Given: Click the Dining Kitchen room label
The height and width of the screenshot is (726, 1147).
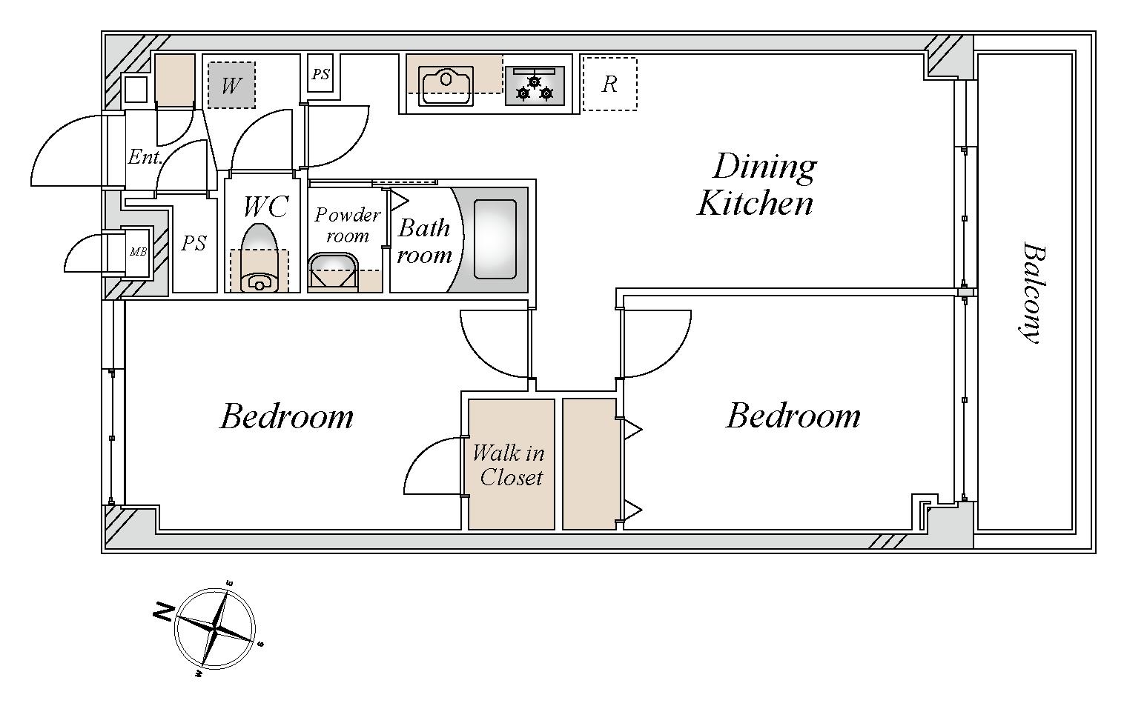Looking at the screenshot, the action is click(x=756, y=184).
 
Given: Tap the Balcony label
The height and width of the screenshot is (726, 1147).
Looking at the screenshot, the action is click(x=1033, y=293).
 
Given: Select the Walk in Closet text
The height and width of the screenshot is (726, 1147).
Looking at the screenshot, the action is click(x=509, y=465).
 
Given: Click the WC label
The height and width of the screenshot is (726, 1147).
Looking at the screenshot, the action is click(x=265, y=207).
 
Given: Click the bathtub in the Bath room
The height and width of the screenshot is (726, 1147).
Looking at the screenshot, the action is click(x=495, y=239).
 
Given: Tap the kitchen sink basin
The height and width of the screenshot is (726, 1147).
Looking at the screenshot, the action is click(x=446, y=85).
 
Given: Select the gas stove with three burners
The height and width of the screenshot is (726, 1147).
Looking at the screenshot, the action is click(x=535, y=85).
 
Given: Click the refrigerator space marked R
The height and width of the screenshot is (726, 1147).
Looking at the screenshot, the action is click(x=610, y=84).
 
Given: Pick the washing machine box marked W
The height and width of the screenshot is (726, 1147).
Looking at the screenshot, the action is click(x=231, y=85).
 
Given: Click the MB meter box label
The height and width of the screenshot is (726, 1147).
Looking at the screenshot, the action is click(x=138, y=252).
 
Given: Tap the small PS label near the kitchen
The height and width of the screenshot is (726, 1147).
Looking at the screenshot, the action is click(x=320, y=75).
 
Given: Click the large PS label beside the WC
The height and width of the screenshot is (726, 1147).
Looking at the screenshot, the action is click(x=194, y=243).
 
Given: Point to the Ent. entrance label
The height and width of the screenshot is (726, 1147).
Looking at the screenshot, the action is click(x=145, y=156).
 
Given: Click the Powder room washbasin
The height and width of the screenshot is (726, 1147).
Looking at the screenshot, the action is click(x=334, y=270).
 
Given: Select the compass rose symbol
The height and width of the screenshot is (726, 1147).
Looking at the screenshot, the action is click(x=215, y=629).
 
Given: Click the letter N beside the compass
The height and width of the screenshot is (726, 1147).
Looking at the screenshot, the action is click(x=163, y=613).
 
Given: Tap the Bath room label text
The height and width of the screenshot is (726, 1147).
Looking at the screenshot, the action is click(x=424, y=242).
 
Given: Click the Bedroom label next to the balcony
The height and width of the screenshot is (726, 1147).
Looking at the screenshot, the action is click(x=793, y=416).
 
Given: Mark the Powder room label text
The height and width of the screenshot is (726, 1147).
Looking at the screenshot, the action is click(x=347, y=225).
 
